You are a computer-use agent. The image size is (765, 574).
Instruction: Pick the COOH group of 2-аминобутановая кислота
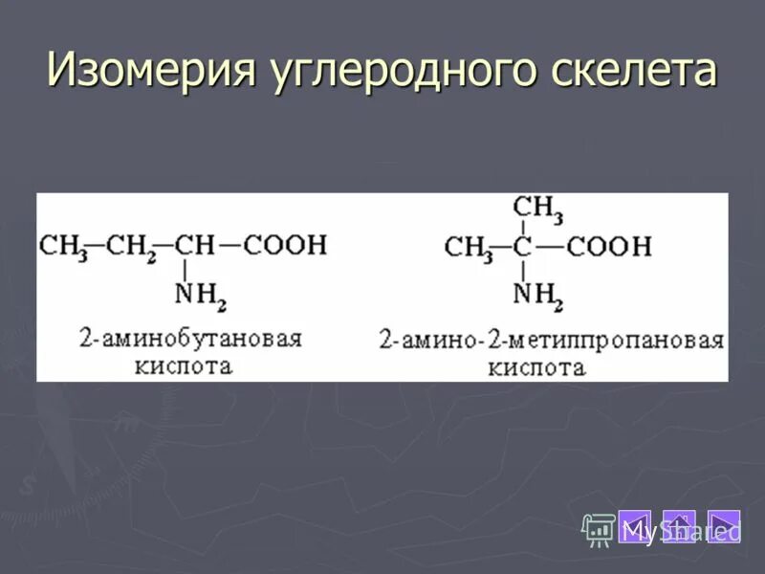coord(284,245)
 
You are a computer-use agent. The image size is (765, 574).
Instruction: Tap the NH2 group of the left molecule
coord(200,296)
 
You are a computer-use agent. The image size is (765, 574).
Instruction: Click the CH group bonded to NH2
coord(196,245)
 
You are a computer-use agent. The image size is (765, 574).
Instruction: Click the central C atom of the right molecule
coord(522,247)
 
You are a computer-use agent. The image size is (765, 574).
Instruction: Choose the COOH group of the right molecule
coord(608,247)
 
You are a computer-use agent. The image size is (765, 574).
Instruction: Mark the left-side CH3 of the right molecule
coord(469,248)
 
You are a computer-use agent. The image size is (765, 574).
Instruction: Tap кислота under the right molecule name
coord(550,367)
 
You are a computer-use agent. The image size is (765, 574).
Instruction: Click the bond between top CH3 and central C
coord(522,227)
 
